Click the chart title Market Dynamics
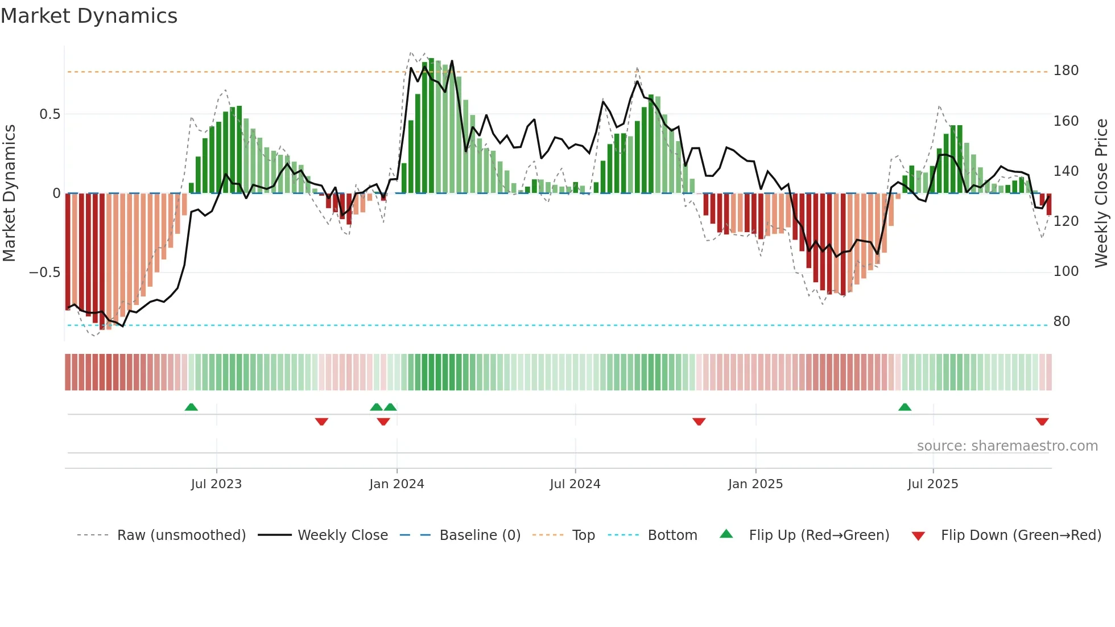coord(89,16)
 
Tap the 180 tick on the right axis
coord(1066,71)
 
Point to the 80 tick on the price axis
coord(1062,321)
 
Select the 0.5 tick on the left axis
coord(49,114)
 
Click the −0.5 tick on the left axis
coord(44,273)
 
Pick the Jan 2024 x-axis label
coord(397,484)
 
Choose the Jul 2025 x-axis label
coord(932,484)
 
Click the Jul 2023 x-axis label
coord(216,484)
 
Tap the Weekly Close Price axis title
coord(1101,193)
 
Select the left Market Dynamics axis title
coord(9,193)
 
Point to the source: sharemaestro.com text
coord(1007,446)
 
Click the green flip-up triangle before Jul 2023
coord(191,407)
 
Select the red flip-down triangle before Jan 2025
coord(699,422)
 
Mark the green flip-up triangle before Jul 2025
coord(905,407)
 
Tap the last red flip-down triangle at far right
coord(1042,422)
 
